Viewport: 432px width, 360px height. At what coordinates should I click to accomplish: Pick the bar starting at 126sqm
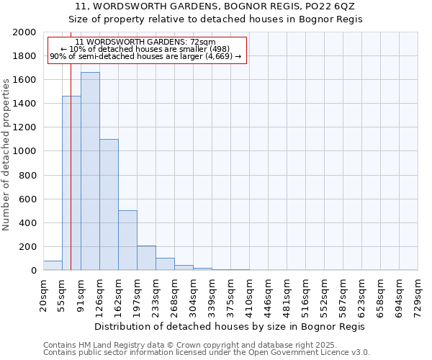[109, 204]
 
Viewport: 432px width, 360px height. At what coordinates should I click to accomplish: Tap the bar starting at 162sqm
[127, 240]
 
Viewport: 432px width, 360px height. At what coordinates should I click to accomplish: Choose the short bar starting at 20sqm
[53, 266]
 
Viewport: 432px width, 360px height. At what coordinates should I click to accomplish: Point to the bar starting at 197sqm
[146, 258]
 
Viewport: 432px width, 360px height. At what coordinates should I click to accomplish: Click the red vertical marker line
[71, 144]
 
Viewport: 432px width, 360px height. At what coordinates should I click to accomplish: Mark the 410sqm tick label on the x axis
[249, 294]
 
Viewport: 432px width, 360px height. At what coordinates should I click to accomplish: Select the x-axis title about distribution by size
[230, 326]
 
